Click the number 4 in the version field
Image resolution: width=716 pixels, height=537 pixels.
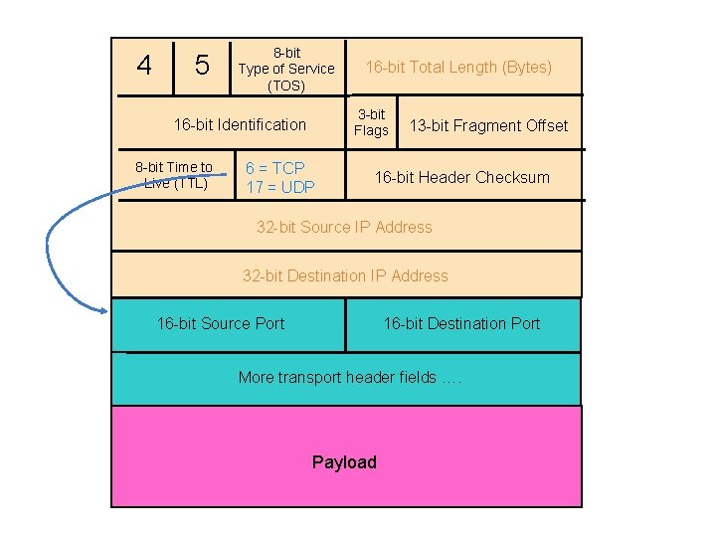pyautogui.click(x=145, y=66)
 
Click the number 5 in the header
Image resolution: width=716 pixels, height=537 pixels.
pyautogui.click(x=202, y=66)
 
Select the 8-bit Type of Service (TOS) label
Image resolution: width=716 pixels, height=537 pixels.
pyautogui.click(x=286, y=69)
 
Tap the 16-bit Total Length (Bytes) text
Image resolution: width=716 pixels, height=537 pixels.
pyautogui.click(x=458, y=68)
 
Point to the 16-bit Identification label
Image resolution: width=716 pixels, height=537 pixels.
pyautogui.click(x=240, y=124)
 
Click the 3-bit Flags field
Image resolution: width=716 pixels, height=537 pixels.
pyautogui.click(x=371, y=122)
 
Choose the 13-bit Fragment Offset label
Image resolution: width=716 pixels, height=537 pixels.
pyautogui.click(x=488, y=125)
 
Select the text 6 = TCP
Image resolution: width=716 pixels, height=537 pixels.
pyautogui.click(x=275, y=168)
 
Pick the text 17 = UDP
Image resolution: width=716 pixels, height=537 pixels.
pyautogui.click(x=280, y=187)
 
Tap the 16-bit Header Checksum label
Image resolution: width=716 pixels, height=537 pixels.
pyautogui.click(x=461, y=177)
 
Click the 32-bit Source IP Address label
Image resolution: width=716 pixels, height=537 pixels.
pyautogui.click(x=344, y=227)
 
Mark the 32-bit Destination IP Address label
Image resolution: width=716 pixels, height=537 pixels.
pyautogui.click(x=345, y=275)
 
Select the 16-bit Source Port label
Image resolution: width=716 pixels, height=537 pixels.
pyautogui.click(x=221, y=323)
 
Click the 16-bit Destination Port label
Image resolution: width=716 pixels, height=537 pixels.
pyautogui.click(x=461, y=323)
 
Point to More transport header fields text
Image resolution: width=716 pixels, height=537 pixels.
pyautogui.click(x=349, y=377)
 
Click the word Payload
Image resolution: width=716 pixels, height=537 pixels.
pyautogui.click(x=344, y=462)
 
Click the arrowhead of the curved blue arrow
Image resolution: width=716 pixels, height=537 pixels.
pyautogui.click(x=103, y=309)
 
